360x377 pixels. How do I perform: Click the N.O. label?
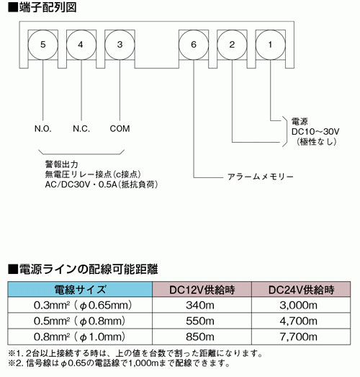43,129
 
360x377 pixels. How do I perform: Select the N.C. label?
81,129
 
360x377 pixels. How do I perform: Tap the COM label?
120,129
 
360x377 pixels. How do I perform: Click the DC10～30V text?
315,132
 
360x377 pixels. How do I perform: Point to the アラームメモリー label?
261,177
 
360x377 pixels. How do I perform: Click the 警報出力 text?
62,164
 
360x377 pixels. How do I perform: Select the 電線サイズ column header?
80,290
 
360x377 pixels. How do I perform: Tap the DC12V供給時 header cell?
202,290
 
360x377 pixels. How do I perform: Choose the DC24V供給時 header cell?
301,290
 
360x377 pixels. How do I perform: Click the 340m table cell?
200,306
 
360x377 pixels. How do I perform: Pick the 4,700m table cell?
299,321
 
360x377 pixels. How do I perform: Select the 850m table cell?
200,337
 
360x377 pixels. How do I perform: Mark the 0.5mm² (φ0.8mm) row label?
79,321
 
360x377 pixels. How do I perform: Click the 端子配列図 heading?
42,8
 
